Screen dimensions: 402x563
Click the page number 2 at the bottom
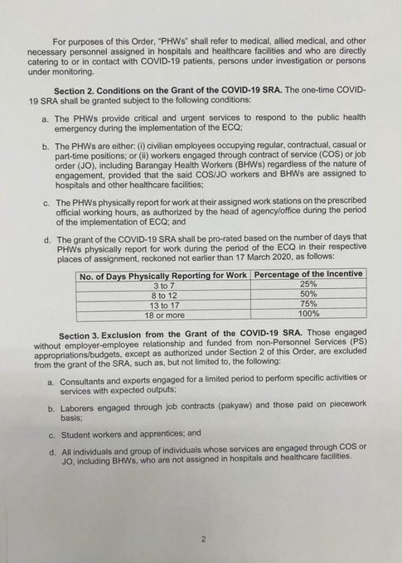201,537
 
